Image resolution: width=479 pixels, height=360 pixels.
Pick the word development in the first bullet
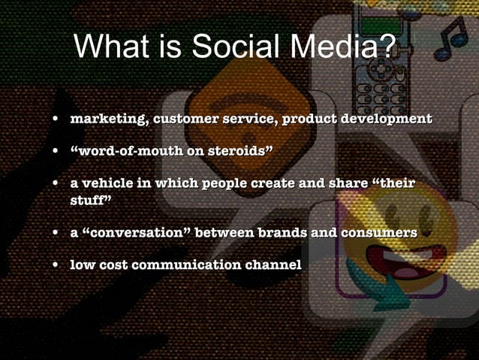click(x=387, y=119)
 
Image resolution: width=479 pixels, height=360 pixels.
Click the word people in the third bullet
click(x=215, y=184)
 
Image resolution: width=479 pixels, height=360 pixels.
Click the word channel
click(x=275, y=265)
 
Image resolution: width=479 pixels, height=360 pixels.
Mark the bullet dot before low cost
click(x=56, y=265)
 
